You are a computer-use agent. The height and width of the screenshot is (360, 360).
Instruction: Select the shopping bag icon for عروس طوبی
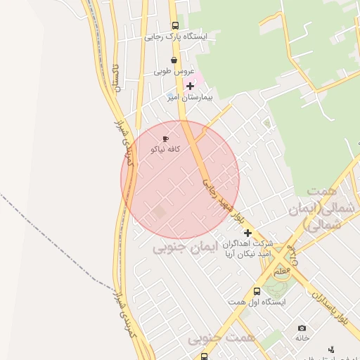point(174,60)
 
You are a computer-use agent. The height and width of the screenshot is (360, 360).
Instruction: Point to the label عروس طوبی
point(173,72)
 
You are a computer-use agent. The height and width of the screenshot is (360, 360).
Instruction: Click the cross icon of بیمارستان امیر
point(189,86)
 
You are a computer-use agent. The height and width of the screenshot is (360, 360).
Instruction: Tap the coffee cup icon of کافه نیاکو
point(166,139)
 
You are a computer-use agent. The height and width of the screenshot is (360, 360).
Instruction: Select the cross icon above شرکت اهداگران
point(247,232)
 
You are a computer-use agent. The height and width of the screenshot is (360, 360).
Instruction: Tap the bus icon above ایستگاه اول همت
point(257,290)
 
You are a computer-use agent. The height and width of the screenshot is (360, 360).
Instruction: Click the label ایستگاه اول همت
point(255,302)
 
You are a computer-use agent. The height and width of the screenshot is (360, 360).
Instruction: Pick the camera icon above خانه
point(302,328)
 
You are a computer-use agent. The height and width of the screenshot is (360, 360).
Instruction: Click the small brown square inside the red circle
point(160,212)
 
